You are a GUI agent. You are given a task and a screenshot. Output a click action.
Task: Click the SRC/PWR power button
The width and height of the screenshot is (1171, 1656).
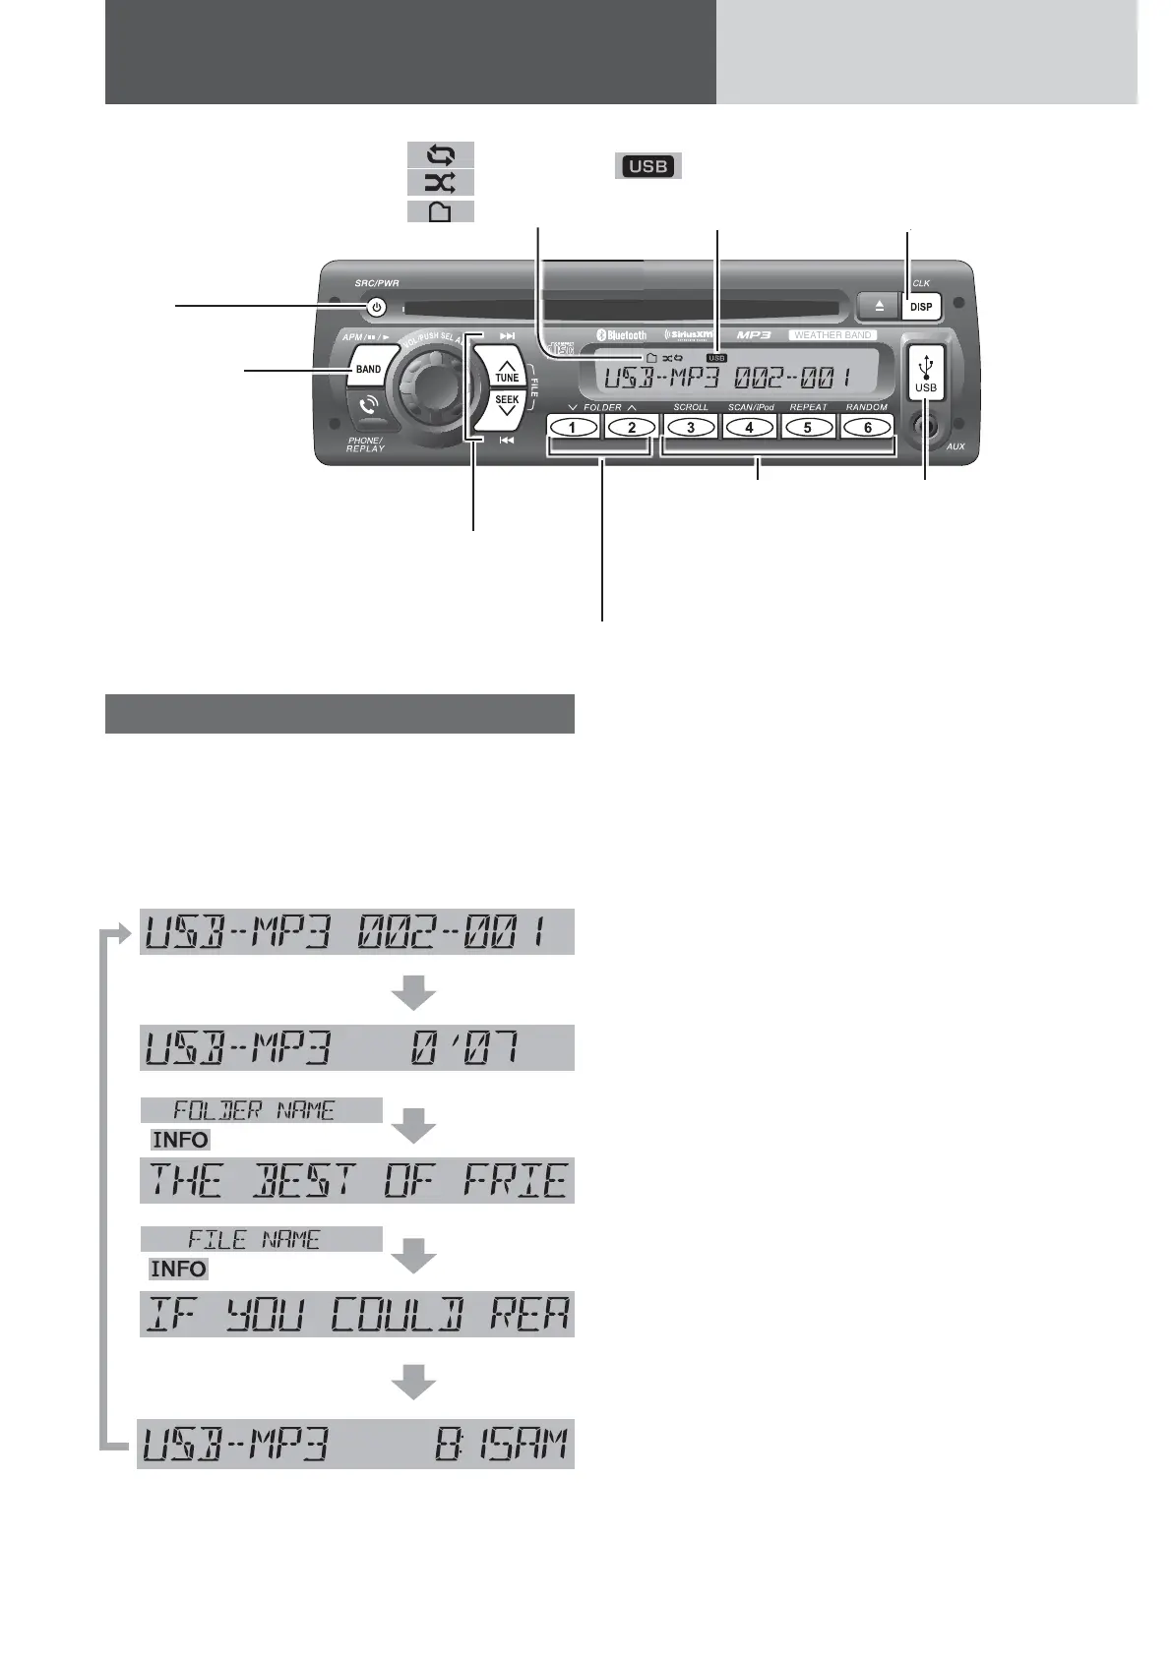pyautogui.click(x=375, y=308)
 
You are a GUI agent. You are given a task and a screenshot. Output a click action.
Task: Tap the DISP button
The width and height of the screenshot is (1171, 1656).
pyautogui.click(x=921, y=307)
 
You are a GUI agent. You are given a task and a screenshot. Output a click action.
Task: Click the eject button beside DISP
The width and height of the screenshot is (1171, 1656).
pyautogui.click(x=879, y=307)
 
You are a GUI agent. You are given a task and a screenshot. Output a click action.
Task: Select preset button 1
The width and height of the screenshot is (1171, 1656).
pyautogui.click(x=574, y=427)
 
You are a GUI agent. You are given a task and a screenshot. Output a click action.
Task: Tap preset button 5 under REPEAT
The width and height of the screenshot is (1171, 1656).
pyautogui.click(x=807, y=427)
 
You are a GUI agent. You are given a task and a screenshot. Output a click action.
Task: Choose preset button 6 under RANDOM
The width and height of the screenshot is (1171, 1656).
pyautogui.click(x=867, y=427)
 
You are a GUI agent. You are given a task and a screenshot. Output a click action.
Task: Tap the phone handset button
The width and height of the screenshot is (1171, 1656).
pyautogui.click(x=368, y=406)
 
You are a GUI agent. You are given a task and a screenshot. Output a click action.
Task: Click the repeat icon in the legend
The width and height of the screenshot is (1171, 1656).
pyautogui.click(x=441, y=154)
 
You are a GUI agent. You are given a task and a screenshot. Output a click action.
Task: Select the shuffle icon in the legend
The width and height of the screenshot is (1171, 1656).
pyautogui.click(x=441, y=182)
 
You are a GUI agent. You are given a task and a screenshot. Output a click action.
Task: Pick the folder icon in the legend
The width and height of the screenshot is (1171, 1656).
pyautogui.click(x=441, y=211)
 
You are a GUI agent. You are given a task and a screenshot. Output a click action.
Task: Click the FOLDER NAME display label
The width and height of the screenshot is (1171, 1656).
pyautogui.click(x=261, y=1110)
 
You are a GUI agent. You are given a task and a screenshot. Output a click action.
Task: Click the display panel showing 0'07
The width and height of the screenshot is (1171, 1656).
pyautogui.click(x=355, y=1048)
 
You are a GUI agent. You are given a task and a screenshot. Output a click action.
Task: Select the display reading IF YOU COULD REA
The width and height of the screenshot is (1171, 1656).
pyautogui.click(x=355, y=1315)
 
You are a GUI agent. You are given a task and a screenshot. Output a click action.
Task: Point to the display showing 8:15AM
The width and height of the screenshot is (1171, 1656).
pyautogui.click(x=355, y=1444)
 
